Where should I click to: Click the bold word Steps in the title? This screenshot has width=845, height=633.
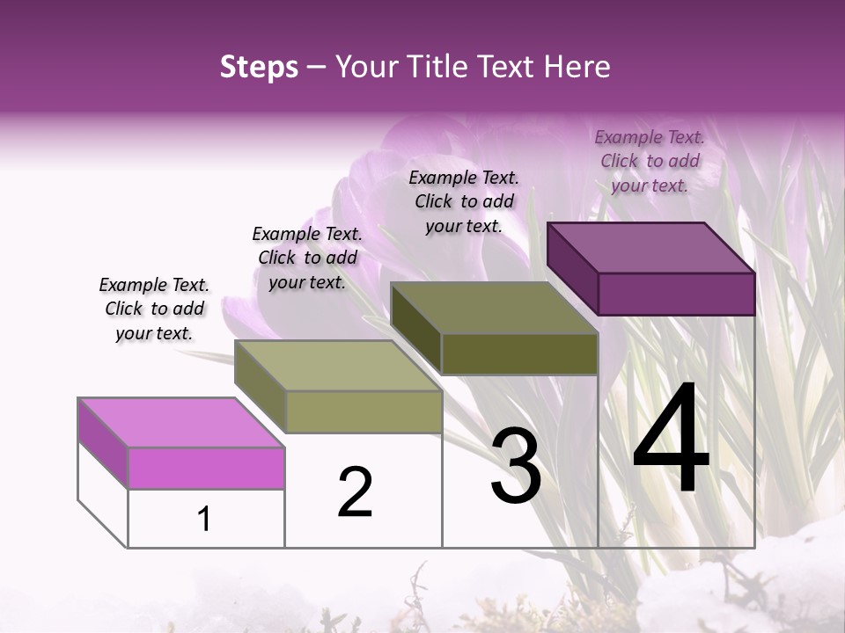259,67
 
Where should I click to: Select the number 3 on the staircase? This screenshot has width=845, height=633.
516,466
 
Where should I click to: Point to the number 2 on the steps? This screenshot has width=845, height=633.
355,491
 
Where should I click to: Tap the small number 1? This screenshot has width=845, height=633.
204,519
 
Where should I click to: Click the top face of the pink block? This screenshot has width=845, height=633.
180,422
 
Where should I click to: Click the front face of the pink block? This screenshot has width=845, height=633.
206,468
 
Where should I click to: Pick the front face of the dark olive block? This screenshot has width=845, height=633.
519,353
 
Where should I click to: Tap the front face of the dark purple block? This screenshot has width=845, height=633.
676,294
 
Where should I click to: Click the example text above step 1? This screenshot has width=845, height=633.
154,309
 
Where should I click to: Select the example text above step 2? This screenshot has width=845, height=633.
307,258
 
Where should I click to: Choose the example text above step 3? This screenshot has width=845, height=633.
464,201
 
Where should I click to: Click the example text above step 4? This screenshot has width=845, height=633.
650,161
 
